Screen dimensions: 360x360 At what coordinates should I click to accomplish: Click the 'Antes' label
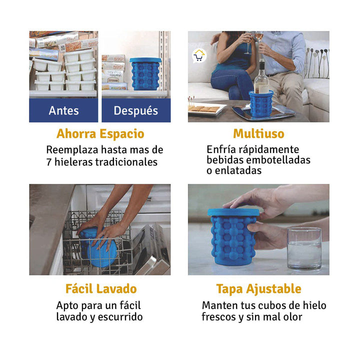coord(63,110)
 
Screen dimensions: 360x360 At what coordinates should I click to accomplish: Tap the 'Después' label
coord(135,110)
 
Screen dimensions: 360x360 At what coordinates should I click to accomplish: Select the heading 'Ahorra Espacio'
coord(100,134)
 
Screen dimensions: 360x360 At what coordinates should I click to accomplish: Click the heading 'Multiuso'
coord(258,134)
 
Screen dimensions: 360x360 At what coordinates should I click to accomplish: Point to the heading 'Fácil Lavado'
coord(101,289)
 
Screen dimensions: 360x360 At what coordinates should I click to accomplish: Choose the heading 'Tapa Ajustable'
coord(258,289)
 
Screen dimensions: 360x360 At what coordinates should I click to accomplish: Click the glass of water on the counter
coord(304,248)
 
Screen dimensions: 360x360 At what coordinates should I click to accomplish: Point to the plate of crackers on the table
coord(204,109)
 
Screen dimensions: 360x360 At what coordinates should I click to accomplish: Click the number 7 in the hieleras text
coord(49,162)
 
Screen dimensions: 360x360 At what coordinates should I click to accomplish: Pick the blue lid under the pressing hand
coord(233,212)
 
